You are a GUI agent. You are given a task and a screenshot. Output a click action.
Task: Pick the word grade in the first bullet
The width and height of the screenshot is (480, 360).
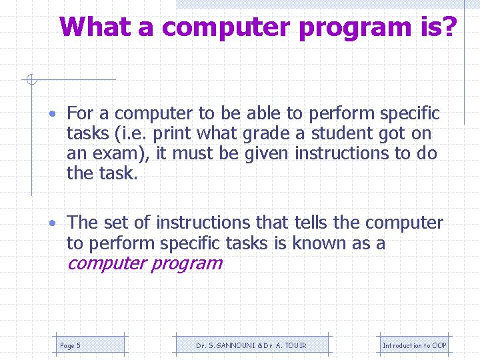click(265, 133)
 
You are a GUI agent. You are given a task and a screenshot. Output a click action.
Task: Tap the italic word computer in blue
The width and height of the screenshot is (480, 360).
click(107, 263)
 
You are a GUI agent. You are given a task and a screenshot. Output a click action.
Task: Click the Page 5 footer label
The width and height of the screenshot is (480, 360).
click(70, 345)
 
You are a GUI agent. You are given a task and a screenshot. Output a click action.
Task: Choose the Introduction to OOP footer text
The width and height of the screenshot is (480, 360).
click(414, 345)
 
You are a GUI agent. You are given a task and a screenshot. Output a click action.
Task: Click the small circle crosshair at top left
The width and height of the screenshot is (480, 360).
click(31, 81)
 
